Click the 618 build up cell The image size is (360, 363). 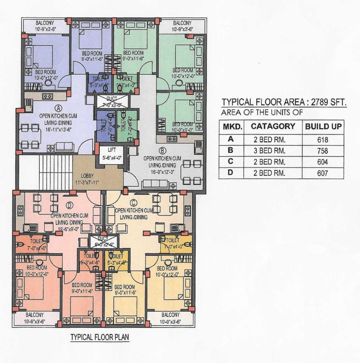323,139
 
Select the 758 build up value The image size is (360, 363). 323,151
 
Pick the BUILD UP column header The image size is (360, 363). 324,127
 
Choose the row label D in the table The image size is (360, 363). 231,173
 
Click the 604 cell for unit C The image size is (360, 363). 323,162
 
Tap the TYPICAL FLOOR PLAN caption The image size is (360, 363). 99,337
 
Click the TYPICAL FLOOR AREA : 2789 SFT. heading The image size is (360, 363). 284,102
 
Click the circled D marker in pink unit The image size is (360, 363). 70,205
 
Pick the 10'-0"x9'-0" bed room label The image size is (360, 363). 182,127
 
